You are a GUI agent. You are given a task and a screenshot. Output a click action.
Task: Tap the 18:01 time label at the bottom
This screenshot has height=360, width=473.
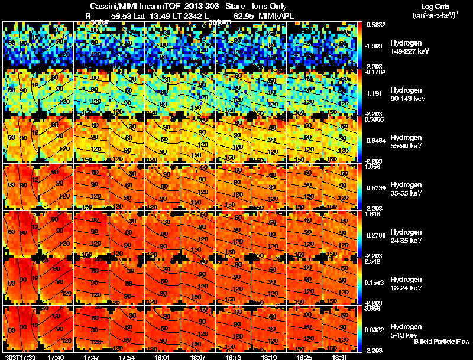point(162,357)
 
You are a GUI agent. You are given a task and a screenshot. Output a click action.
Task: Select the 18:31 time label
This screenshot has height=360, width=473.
point(340,357)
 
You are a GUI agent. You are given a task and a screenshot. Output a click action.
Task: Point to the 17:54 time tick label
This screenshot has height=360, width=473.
point(127,357)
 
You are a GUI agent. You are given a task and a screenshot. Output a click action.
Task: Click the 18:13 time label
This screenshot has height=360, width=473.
point(233,357)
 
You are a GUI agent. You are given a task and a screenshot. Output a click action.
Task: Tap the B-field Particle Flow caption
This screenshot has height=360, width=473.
point(441,342)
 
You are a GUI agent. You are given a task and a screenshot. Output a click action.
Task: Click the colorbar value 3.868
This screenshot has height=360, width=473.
point(372,309)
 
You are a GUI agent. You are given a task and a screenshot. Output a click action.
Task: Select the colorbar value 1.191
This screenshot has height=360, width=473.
point(372,93)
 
